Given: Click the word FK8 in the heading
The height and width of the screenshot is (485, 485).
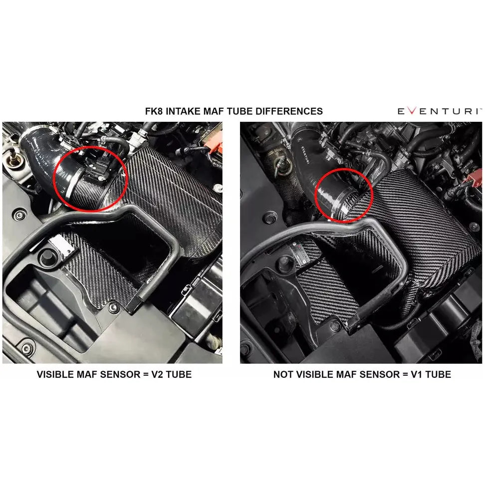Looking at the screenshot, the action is [x=154, y=111].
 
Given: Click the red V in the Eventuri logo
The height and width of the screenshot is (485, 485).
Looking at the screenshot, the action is [x=412, y=111].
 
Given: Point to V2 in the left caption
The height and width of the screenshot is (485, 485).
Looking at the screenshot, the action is [x=158, y=374].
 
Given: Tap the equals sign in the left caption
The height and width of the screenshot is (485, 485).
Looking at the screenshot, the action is [x=146, y=375].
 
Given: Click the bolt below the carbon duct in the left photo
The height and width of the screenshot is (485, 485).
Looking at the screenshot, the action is [x=114, y=307].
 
